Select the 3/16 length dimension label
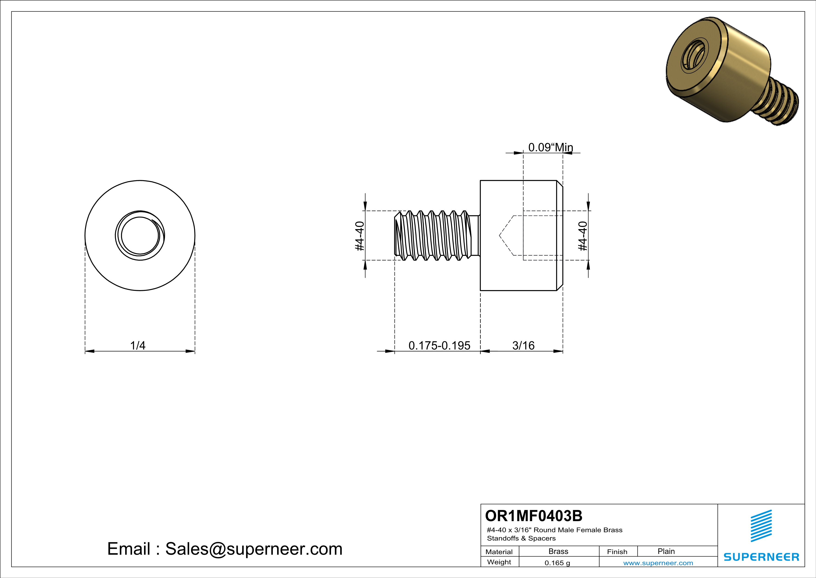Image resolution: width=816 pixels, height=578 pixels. point(523,345)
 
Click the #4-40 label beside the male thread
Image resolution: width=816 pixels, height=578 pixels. point(360,236)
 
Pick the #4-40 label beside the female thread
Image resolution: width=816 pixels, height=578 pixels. point(583,236)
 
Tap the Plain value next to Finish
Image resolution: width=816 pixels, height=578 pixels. point(666,551)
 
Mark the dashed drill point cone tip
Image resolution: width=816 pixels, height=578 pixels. point(500,236)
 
